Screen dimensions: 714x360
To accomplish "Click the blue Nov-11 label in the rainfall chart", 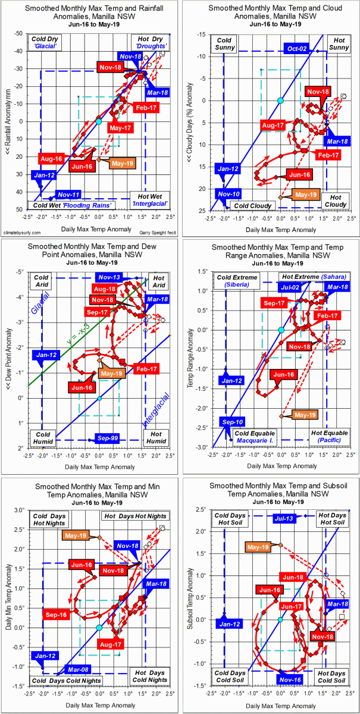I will pos(66,195).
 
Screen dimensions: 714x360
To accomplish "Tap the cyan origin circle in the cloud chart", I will pos(281,100).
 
